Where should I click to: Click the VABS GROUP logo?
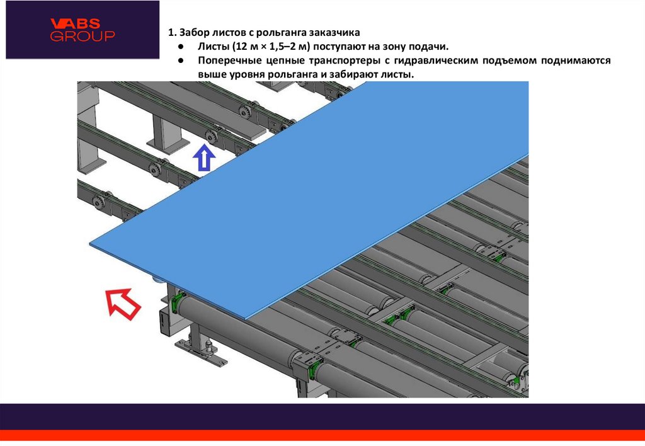(83, 30)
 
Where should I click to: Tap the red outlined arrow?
(123, 304)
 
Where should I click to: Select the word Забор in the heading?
(193, 33)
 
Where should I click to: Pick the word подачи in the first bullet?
(429, 47)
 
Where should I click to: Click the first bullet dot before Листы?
(181, 47)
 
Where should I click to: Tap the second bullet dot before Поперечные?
(181, 60)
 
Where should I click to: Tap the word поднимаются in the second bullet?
(576, 60)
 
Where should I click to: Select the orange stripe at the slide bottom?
(322, 435)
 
